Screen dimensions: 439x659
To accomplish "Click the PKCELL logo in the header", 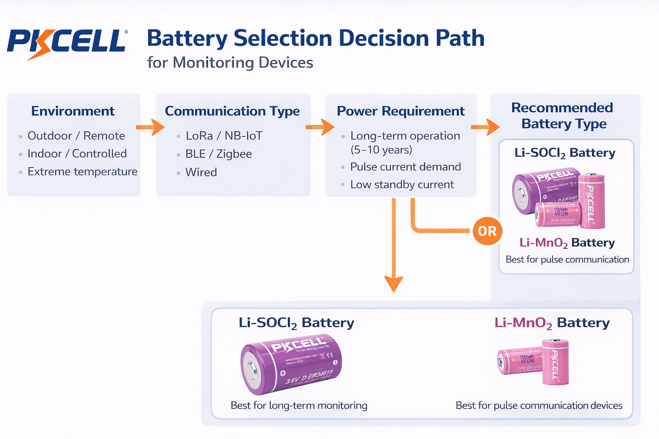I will [67, 43].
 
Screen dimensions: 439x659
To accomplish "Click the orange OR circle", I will [487, 232].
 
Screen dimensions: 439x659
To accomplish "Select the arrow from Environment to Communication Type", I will [151, 127].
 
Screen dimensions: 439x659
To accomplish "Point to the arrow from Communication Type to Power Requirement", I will [320, 127].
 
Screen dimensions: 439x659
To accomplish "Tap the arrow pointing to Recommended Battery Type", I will [485, 127].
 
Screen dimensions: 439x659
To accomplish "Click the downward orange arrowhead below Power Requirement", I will [393, 283].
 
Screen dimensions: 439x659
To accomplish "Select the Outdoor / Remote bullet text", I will [76, 136].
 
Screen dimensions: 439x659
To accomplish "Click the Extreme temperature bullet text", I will [82, 171].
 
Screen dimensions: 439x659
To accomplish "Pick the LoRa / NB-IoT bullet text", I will [224, 136].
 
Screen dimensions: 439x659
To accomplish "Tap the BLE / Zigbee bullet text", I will [218, 154].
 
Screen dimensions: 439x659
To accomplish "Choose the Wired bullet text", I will [201, 172].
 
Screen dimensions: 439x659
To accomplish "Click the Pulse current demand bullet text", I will [405, 167].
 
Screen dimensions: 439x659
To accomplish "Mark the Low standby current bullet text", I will [402, 185].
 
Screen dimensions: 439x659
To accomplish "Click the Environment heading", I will [73, 111].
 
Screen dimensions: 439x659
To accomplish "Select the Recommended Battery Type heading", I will [562, 116].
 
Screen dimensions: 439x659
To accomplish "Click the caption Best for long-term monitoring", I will [299, 406].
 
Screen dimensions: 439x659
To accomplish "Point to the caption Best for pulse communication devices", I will [539, 406].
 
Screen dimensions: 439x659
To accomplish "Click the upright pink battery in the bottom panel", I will [555, 362].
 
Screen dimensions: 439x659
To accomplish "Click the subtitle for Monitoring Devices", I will [230, 63].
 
